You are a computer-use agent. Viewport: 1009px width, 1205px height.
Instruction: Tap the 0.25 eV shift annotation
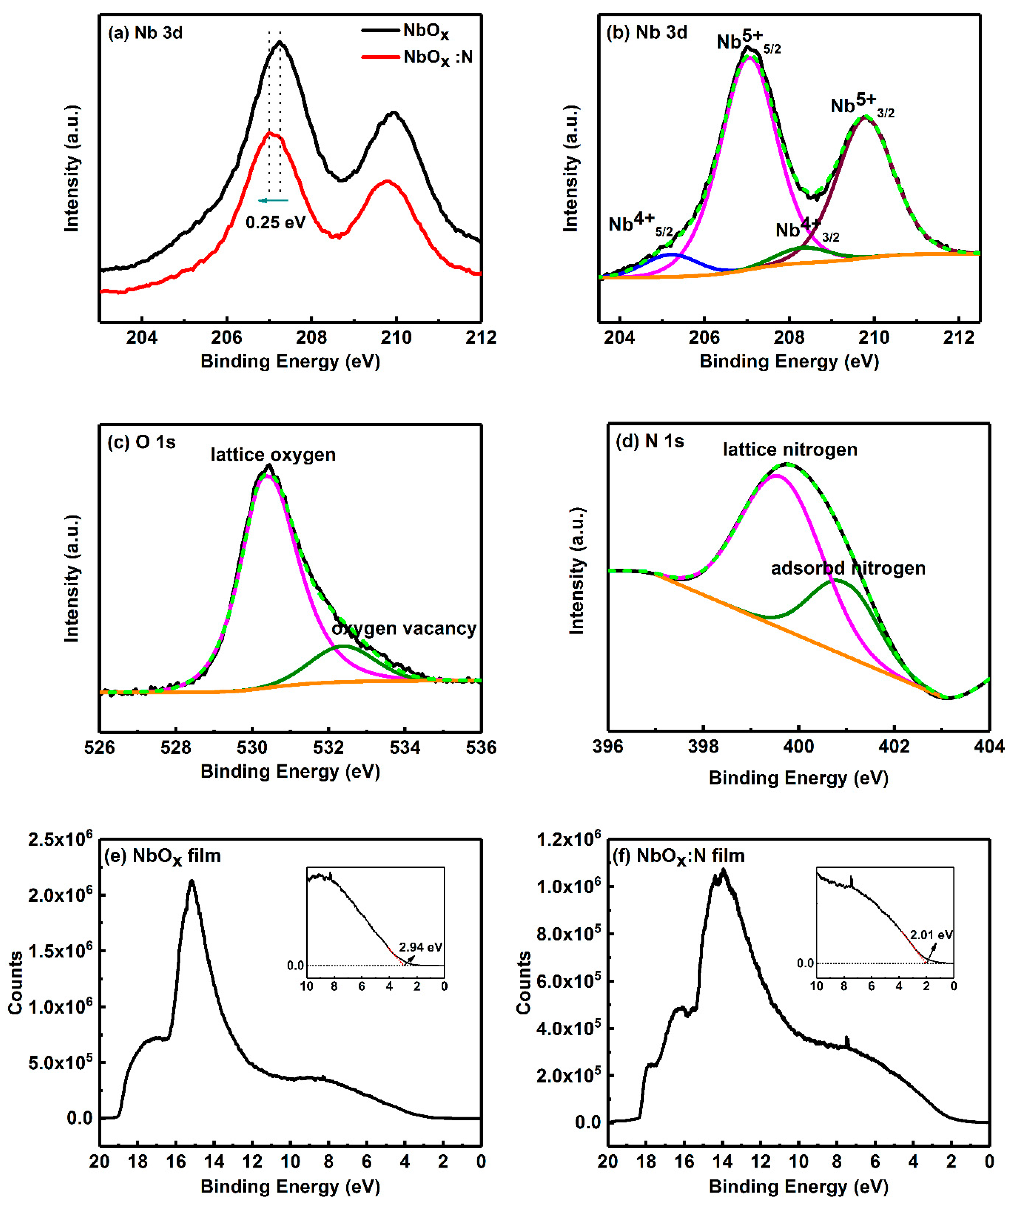pyautogui.click(x=276, y=222)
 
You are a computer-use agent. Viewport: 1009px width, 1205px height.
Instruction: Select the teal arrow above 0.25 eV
pyautogui.click(x=273, y=200)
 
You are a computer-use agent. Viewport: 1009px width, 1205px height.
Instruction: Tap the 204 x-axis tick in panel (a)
pyautogui.click(x=142, y=337)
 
